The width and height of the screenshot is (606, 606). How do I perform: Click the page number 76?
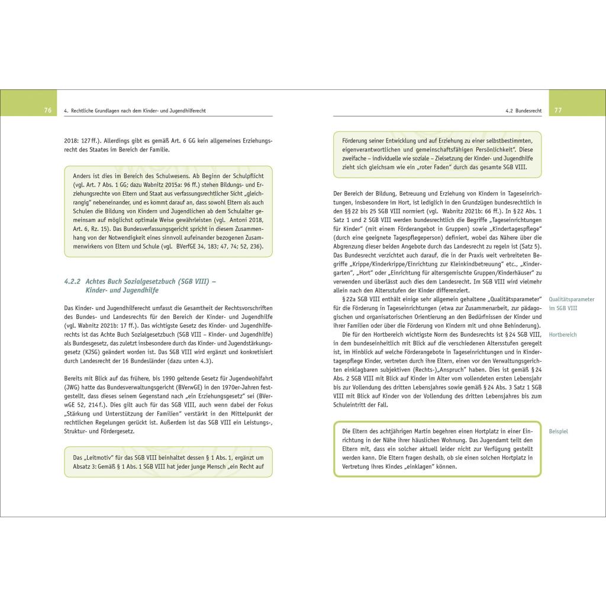pos(48,111)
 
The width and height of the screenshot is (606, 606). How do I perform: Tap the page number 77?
pos(558,111)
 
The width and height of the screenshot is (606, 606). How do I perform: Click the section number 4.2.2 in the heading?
pos(74,282)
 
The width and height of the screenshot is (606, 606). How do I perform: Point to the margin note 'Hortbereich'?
pos(563,335)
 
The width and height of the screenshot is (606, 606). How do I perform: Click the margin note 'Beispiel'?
pos(558,431)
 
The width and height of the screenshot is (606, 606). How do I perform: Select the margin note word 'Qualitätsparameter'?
pos(572,299)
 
